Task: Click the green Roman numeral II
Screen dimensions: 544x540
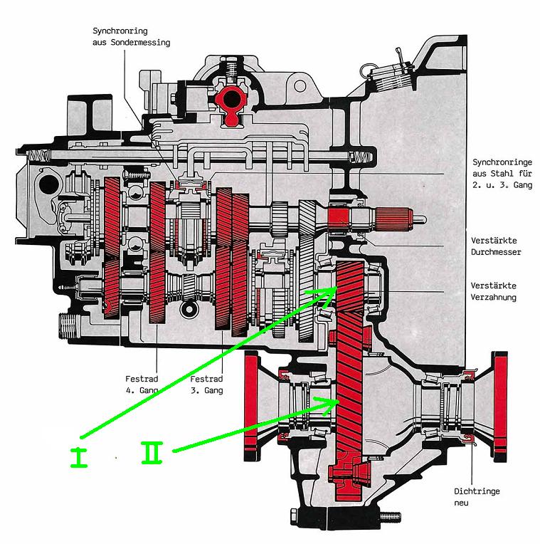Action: click(x=152, y=452)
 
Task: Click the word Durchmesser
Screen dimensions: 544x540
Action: click(x=497, y=252)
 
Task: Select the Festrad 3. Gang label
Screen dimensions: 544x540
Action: click(x=206, y=385)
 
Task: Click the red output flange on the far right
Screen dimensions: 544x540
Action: click(x=501, y=406)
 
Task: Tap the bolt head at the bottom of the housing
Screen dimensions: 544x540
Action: click(x=388, y=516)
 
